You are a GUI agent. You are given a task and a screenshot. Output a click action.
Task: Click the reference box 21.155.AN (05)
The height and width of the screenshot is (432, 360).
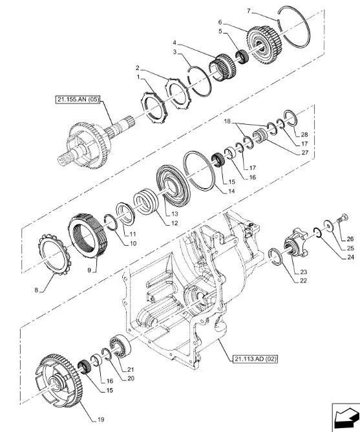[78, 100]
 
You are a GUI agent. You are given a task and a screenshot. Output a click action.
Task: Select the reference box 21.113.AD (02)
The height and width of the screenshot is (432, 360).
[255, 360]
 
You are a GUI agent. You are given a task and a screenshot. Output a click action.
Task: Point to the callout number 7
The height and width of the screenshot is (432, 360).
[249, 11]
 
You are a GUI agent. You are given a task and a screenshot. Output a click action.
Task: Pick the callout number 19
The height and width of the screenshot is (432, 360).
[101, 420]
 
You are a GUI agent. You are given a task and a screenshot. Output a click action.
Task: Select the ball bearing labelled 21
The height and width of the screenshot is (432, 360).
[120, 347]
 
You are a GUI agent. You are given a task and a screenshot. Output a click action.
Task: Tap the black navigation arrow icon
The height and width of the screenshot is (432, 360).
[346, 417]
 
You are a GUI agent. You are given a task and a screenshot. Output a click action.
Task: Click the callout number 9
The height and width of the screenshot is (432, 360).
[89, 270]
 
